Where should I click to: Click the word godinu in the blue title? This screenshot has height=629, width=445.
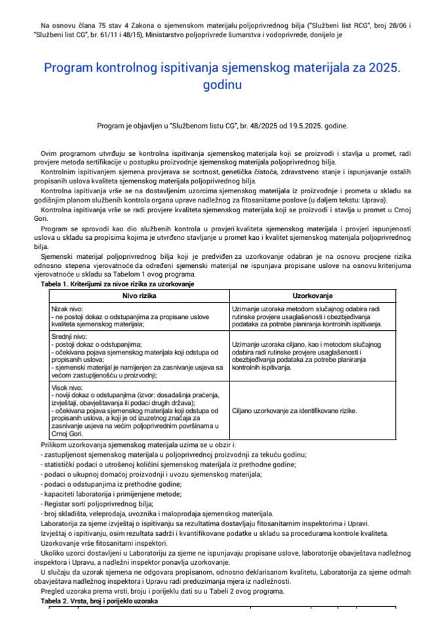222,85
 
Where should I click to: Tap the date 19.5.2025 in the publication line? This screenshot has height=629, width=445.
292,125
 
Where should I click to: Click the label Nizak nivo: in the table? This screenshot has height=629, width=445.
69,308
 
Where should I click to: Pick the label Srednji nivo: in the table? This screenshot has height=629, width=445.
71,336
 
